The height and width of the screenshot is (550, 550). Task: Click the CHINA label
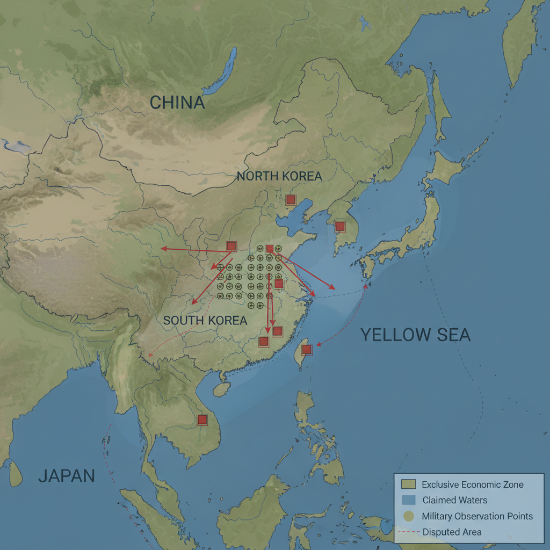click(x=177, y=103)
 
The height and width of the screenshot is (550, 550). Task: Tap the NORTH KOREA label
click(x=279, y=176)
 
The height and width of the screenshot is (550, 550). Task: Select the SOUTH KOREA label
click(x=205, y=321)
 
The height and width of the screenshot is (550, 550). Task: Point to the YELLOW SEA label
click(x=415, y=335)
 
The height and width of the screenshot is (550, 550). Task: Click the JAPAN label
click(x=67, y=476)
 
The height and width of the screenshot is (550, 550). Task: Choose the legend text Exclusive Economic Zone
click(x=473, y=484)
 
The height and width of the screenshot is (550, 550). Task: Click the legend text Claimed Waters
click(x=455, y=500)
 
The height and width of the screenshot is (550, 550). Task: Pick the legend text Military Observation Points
click(x=477, y=516)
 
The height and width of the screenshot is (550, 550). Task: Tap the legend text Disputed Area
click(x=452, y=532)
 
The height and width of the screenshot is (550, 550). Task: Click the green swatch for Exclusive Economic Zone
click(x=409, y=484)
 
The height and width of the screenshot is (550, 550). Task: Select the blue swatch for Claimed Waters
click(x=409, y=500)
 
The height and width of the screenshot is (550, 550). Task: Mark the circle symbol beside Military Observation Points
click(x=409, y=516)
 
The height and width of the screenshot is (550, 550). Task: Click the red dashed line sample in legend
click(x=409, y=532)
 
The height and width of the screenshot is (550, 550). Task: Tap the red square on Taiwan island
click(x=307, y=350)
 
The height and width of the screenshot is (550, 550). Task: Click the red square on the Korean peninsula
click(x=339, y=226)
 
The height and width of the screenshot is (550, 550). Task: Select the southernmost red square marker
click(x=202, y=419)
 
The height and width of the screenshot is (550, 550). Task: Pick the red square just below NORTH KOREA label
click(x=291, y=200)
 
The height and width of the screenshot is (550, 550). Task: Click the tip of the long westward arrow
click(x=162, y=249)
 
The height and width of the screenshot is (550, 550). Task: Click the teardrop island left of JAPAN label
click(x=16, y=473)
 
